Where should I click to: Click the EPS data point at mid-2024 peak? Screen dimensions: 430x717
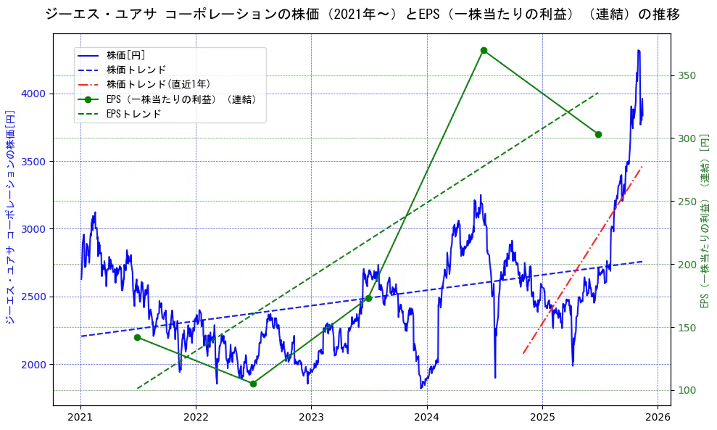coord(484,51)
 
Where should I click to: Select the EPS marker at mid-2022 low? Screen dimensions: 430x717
coord(253,384)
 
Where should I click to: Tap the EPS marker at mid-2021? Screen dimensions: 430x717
coord(138,337)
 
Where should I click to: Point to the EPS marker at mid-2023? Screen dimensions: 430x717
coord(368,298)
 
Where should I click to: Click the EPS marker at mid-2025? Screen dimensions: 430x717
coord(598,134)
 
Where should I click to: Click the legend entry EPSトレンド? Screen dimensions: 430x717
coord(133,114)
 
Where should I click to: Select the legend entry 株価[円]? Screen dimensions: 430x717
coord(125,55)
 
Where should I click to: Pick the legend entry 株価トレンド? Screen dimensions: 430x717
coord(136,70)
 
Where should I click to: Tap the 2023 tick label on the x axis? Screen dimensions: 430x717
coord(311,417)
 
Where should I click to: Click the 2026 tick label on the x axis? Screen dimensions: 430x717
coord(658,417)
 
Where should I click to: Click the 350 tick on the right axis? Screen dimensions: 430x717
coord(687,76)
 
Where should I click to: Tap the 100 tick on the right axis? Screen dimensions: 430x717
coord(687,390)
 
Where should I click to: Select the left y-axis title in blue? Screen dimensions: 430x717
coord(10,218)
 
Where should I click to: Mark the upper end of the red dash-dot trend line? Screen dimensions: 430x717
coord(642,167)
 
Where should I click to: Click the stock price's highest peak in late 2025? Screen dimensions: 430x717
coord(638,51)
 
